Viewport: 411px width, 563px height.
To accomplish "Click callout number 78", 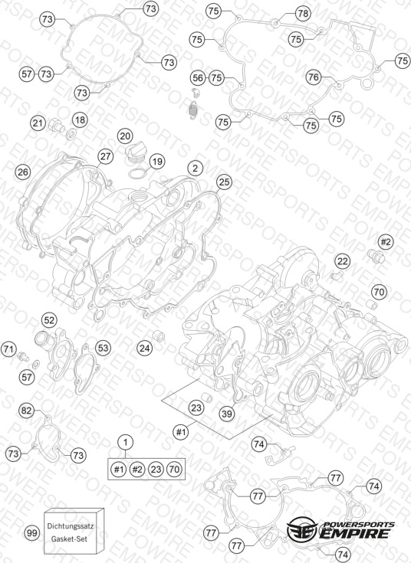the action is pyautogui.click(x=303, y=14).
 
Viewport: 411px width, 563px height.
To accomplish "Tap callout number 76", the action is pyautogui.click(x=314, y=77).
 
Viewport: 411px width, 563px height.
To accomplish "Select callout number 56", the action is pyautogui.click(x=198, y=78).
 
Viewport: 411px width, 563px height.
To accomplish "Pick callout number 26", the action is pyautogui.click(x=23, y=172).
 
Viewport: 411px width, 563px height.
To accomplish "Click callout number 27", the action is pyautogui.click(x=105, y=157).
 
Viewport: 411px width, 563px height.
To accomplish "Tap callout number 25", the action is pyautogui.click(x=224, y=182).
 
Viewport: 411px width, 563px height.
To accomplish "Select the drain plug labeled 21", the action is pyautogui.click(x=56, y=126).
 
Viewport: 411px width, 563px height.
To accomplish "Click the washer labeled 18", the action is pyautogui.click(x=71, y=135).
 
